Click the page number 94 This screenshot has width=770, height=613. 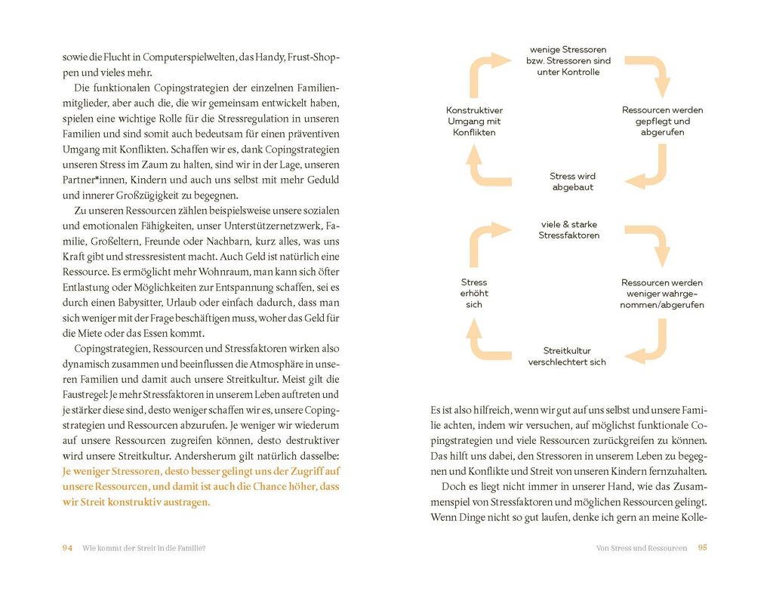coord(66,548)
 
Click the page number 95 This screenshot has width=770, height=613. coord(702,548)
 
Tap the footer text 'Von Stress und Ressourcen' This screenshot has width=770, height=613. coord(642,548)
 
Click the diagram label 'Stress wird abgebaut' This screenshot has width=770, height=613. coord(573,182)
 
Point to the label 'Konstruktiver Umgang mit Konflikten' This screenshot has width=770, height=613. coord(474,122)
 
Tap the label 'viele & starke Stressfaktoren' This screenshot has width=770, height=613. coord(569,230)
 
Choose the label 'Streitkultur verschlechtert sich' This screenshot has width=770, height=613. coord(567,356)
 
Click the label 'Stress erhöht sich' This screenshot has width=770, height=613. coord(474,294)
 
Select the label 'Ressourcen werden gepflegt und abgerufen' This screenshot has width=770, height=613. coord(657,122)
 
